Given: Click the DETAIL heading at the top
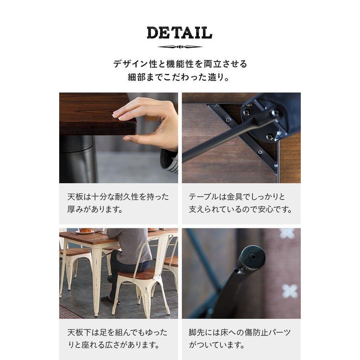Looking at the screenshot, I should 180,33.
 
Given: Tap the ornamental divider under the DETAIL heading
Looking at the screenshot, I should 180,47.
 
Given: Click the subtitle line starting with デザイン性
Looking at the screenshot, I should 180,64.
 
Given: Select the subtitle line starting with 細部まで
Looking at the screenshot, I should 180,77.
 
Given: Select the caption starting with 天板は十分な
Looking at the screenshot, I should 118,197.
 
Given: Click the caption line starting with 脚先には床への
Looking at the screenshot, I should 240,332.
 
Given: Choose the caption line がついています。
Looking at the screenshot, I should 216,345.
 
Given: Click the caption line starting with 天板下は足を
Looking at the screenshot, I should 117,332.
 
